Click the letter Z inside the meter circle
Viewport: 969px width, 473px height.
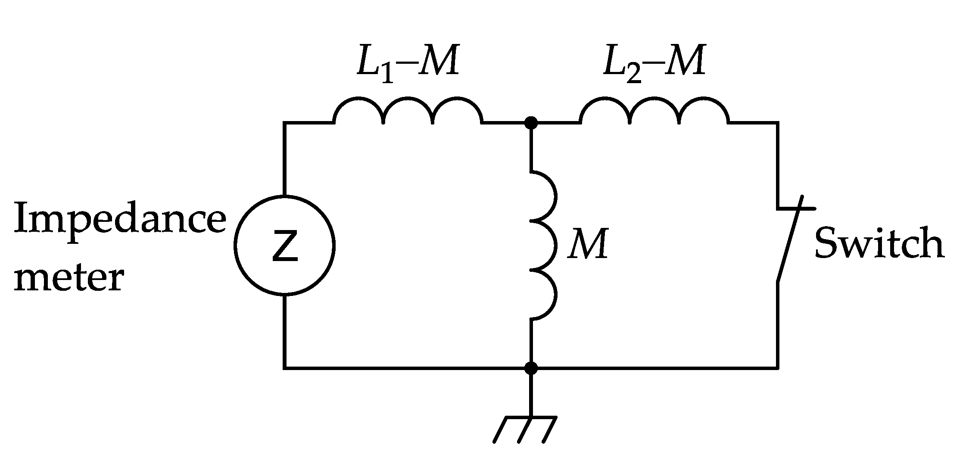tap(285, 246)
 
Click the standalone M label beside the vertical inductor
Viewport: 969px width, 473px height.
tap(588, 244)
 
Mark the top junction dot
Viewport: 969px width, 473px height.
tap(531, 123)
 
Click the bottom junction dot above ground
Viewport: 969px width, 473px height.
tap(531, 368)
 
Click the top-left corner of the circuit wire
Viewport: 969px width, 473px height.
tap(284, 123)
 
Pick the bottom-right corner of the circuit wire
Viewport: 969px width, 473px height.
tap(778, 368)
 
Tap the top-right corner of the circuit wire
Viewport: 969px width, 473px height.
tap(778, 123)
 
